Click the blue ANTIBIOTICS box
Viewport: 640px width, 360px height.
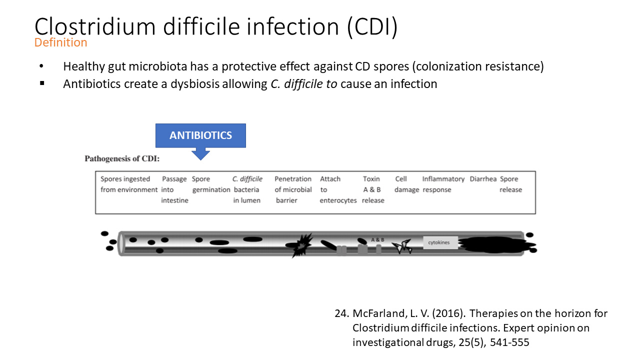coord(200,135)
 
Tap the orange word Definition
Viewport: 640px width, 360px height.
coord(60,42)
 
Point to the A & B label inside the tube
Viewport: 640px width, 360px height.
coord(377,239)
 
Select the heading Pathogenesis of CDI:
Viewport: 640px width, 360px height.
coord(122,158)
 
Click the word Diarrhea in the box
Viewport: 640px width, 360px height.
coord(483,179)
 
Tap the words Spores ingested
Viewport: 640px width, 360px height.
coord(125,179)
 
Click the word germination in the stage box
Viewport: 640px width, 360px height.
coord(211,190)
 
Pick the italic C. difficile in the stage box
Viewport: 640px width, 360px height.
coord(247,179)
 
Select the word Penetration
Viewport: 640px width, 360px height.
coord(293,179)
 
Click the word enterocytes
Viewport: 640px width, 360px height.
coord(338,200)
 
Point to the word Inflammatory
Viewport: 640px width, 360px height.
coord(443,179)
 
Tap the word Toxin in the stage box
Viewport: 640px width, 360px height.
coord(371,179)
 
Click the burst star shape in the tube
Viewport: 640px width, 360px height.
coord(301,245)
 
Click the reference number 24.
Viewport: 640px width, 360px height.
coord(341,313)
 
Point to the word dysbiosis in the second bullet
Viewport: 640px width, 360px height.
coord(195,84)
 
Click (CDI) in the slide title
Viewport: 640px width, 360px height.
coord(372,27)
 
